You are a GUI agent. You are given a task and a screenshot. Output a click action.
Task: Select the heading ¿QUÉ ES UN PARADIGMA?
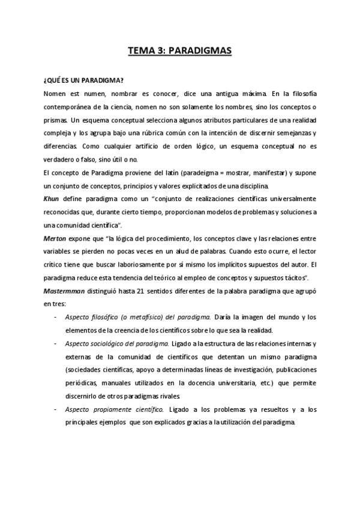pos(84,80)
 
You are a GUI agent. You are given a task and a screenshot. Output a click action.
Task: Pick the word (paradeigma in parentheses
pos(209,173)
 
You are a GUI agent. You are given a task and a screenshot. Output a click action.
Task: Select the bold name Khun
pos(53,198)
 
